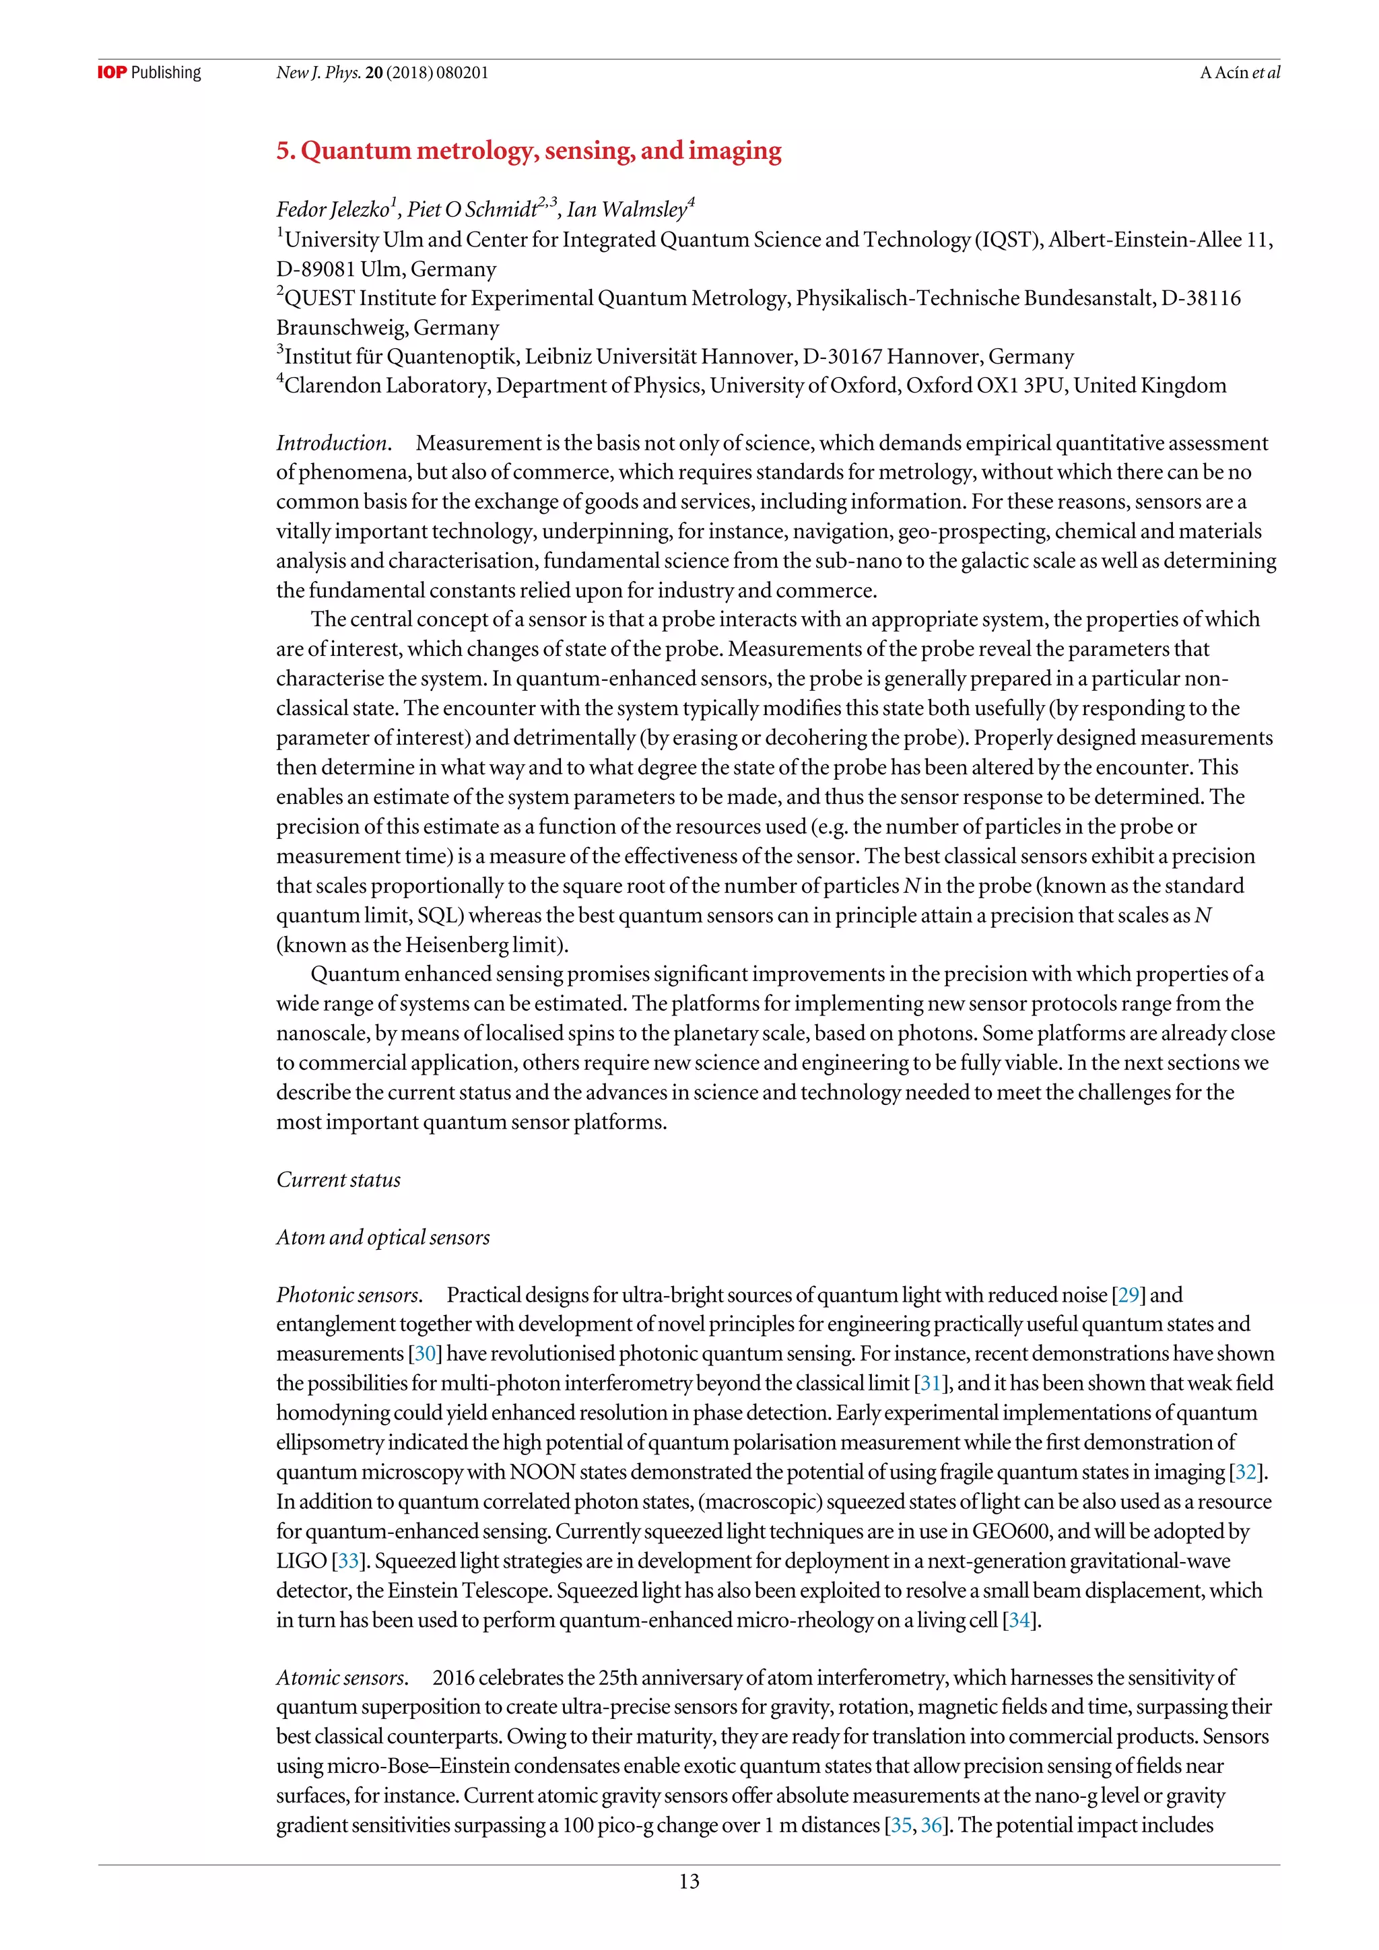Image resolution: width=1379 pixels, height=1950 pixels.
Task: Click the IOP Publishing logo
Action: [x=149, y=72]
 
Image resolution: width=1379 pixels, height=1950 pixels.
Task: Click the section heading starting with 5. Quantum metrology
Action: [x=528, y=150]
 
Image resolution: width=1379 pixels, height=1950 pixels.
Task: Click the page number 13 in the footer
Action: [x=689, y=1881]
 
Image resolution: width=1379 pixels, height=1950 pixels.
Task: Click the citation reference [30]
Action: [x=426, y=1354]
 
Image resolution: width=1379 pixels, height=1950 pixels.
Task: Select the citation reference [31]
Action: [x=930, y=1384]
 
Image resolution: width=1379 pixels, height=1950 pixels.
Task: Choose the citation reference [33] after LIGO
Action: [x=348, y=1561]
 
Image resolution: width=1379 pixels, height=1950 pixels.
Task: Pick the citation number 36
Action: [x=931, y=1826]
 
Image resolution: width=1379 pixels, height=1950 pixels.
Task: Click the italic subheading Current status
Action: [x=338, y=1180]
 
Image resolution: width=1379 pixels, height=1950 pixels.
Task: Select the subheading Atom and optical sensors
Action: [x=383, y=1238]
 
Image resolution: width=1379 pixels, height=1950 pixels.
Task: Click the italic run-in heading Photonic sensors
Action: [x=348, y=1296]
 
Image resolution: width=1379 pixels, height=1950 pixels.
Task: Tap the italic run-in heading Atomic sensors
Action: [x=341, y=1678]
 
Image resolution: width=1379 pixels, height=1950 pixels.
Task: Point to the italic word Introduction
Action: [x=332, y=443]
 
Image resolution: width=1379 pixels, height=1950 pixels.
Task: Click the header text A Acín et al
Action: [x=1239, y=72]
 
